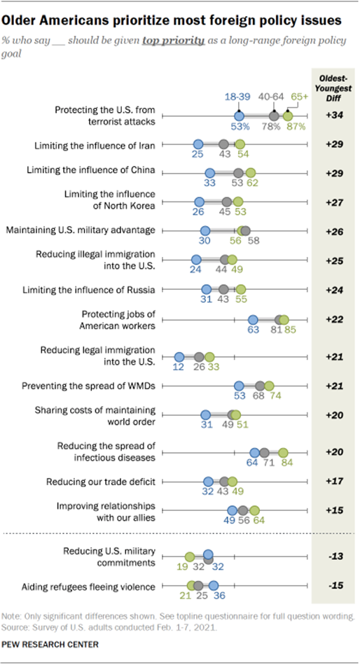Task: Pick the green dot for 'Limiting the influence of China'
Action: click(251, 173)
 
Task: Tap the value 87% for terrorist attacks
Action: click(294, 127)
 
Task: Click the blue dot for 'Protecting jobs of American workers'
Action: click(254, 319)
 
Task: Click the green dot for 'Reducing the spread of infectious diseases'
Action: click(283, 452)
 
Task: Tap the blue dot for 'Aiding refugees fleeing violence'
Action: click(214, 585)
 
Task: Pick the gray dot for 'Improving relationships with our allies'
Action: click(242, 510)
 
